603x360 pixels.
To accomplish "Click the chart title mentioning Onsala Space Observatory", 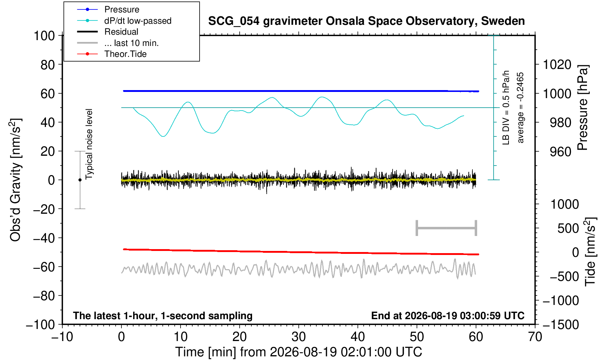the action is [x=366, y=21].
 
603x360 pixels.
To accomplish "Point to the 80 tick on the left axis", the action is [x=48, y=65].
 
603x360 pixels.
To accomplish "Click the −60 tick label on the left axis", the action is [x=44, y=267].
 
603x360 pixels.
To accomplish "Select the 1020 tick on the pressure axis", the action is [x=557, y=65].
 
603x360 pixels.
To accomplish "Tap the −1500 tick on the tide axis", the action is [x=561, y=325].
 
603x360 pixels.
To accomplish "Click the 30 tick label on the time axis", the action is [x=298, y=337].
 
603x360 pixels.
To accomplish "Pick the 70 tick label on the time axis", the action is [x=535, y=337].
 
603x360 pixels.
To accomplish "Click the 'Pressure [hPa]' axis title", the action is [x=583, y=108].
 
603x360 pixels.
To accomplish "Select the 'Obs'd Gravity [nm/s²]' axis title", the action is [x=15, y=180].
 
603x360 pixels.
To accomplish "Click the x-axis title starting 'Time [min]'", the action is [x=298, y=352].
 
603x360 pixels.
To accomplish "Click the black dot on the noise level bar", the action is [x=80, y=180].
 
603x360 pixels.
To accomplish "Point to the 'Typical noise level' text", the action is [x=89, y=144].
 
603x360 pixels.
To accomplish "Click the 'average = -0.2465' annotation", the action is [x=520, y=108].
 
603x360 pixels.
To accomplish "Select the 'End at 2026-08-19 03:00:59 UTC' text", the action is [x=448, y=316].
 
